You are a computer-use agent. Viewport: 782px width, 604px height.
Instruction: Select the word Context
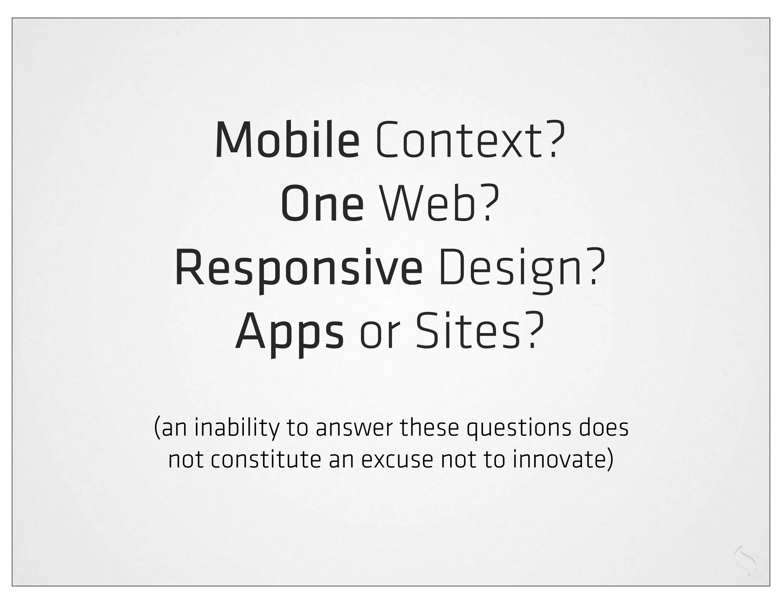pos(457,140)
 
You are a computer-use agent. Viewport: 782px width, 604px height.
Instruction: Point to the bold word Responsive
pos(299,269)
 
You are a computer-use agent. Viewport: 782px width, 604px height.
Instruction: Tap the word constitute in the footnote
pos(264,460)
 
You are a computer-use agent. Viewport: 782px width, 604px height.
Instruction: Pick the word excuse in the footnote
pos(397,460)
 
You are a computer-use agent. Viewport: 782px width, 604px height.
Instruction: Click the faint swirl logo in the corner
pos(745,562)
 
